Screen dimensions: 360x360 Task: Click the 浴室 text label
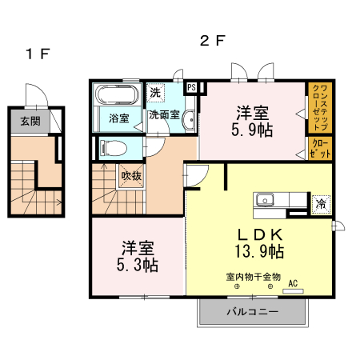118,117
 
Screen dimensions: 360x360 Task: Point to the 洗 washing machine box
154,92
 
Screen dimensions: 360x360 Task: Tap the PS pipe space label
192,88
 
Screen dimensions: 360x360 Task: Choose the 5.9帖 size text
253,128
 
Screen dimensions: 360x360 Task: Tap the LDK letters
254,234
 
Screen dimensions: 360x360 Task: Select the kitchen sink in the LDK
265,200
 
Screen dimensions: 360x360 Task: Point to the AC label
292,282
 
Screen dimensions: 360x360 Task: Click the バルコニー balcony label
251,312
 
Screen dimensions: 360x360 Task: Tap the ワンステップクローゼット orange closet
318,107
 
